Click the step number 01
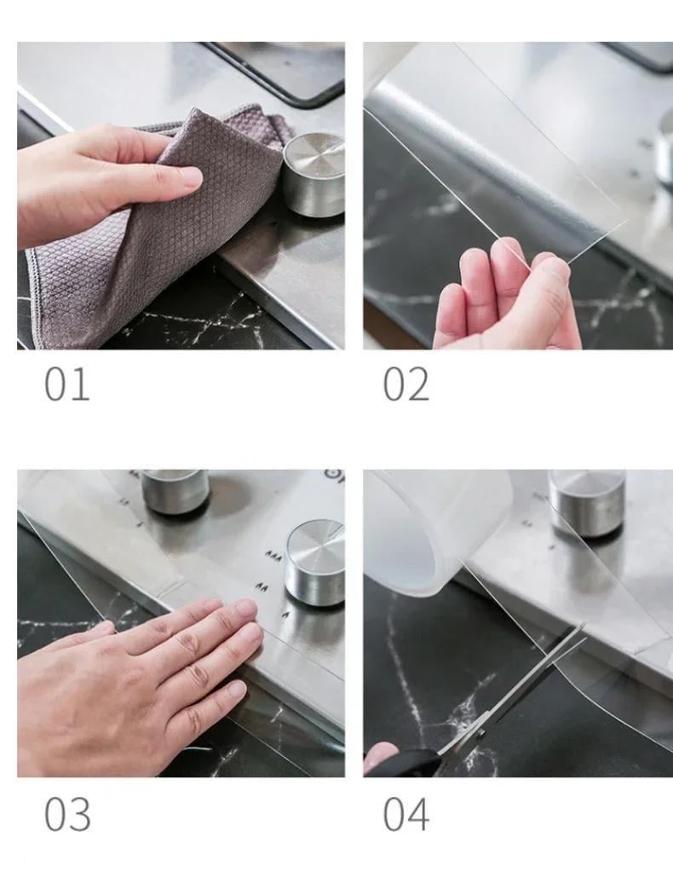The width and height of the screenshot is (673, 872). [66, 384]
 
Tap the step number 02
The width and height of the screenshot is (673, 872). [406, 384]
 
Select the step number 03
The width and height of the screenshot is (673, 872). [67, 813]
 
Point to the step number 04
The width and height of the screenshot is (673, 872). [406, 813]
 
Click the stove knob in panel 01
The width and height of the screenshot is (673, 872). [314, 174]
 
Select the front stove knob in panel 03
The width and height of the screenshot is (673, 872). [314, 563]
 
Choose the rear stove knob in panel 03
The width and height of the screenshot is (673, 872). [175, 492]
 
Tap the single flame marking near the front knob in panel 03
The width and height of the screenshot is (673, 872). [287, 615]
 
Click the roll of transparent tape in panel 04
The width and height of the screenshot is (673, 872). [439, 531]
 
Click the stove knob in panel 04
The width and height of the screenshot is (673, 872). [587, 503]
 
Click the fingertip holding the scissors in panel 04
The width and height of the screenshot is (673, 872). [379, 754]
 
